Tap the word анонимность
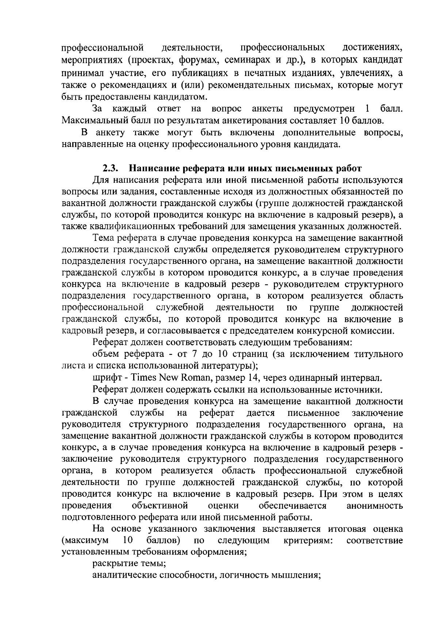tap(374, 506)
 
